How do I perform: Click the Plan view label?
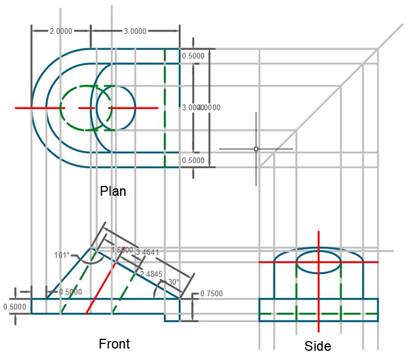tap(113, 191)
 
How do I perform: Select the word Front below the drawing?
tap(114, 344)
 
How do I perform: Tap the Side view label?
tap(318, 346)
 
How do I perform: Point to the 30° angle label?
tap(173, 282)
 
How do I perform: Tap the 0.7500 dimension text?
tap(211, 294)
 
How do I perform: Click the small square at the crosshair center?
tap(256, 149)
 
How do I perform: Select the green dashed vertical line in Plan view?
tap(165, 138)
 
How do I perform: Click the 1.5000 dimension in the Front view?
tap(121, 250)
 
